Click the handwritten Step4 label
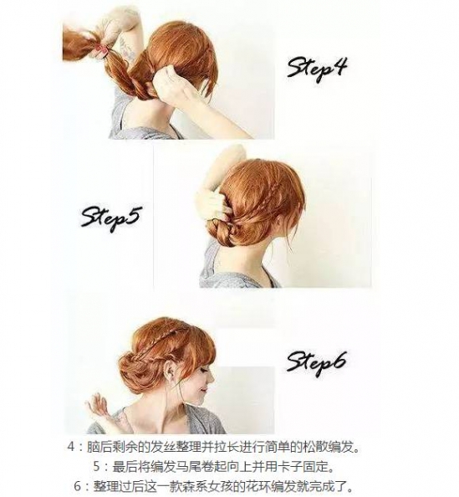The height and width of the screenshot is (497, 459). click(317, 69)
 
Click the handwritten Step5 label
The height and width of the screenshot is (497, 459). click(110, 218)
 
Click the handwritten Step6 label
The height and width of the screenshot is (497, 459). click(317, 362)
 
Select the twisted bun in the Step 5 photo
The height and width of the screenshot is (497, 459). click(223, 233)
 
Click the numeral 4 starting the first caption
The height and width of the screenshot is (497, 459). click(72, 448)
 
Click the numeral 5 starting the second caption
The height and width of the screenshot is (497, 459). click(98, 466)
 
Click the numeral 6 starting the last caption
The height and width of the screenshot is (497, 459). click(79, 486)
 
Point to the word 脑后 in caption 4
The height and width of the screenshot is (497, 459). click(100, 448)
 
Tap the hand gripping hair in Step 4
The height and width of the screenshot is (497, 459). click(172, 86)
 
